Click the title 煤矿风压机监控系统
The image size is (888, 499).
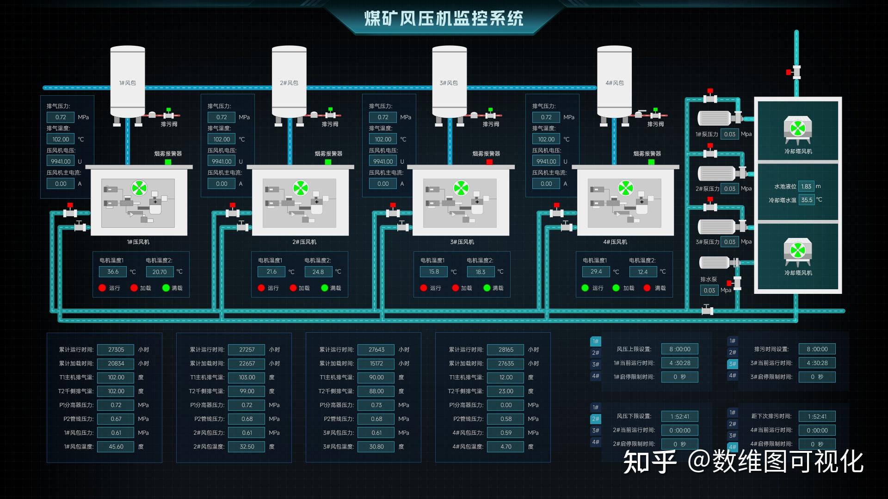444,18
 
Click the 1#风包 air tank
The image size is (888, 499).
128,82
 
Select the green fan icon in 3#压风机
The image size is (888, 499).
461,188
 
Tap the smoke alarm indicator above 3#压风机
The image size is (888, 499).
489,162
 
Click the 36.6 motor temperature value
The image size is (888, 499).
113,272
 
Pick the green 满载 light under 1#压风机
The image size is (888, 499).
166,288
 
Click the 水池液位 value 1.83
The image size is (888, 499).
806,187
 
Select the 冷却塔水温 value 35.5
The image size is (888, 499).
807,200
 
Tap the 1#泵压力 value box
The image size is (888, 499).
729,134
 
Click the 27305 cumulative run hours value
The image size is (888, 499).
116,350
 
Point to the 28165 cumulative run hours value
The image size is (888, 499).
506,350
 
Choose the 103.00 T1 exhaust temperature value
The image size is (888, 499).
247,377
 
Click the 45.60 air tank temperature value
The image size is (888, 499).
116,447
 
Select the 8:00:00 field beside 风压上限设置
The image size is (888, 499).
679,349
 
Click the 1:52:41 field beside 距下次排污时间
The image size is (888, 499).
817,416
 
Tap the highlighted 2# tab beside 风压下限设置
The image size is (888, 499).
595,419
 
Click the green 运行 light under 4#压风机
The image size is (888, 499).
585,288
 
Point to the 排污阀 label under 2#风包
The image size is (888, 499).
330,124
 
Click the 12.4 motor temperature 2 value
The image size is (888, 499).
642,272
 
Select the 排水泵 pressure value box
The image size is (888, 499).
709,290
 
